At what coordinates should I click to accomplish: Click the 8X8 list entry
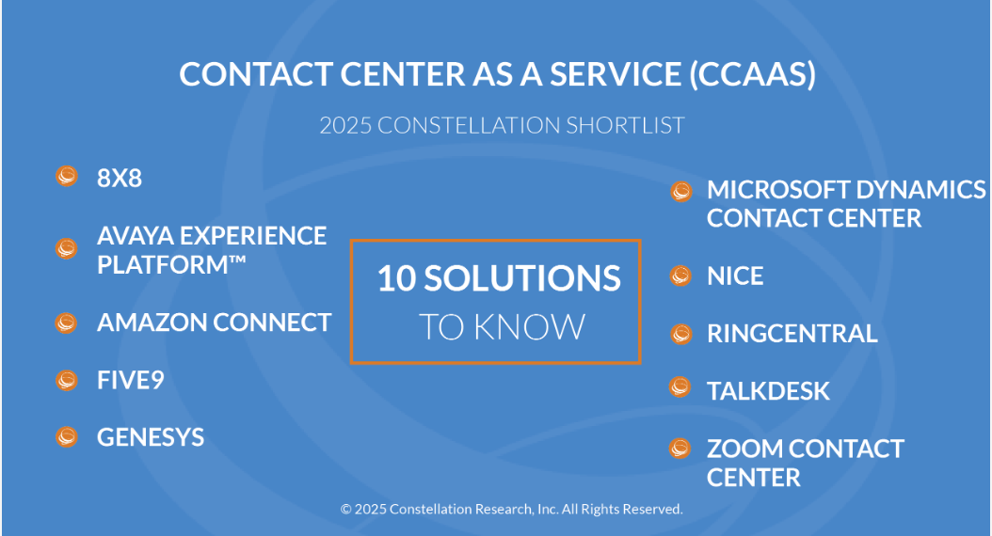119,179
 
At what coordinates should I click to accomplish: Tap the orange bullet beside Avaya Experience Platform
67,248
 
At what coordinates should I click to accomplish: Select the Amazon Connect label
214,323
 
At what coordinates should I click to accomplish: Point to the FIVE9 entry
130,380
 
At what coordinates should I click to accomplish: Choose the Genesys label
151,437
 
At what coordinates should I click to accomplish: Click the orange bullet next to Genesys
67,436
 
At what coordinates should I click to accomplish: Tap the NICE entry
735,276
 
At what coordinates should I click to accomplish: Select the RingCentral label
792,334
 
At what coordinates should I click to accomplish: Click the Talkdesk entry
768,391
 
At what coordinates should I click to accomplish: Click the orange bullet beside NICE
680,276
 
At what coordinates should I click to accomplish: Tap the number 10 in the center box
396,278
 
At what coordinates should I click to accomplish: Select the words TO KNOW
502,327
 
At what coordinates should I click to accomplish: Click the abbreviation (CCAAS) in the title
752,74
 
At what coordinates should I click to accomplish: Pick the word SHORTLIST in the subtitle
625,125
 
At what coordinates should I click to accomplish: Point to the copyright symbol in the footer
346,510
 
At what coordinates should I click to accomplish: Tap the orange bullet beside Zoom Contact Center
680,449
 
